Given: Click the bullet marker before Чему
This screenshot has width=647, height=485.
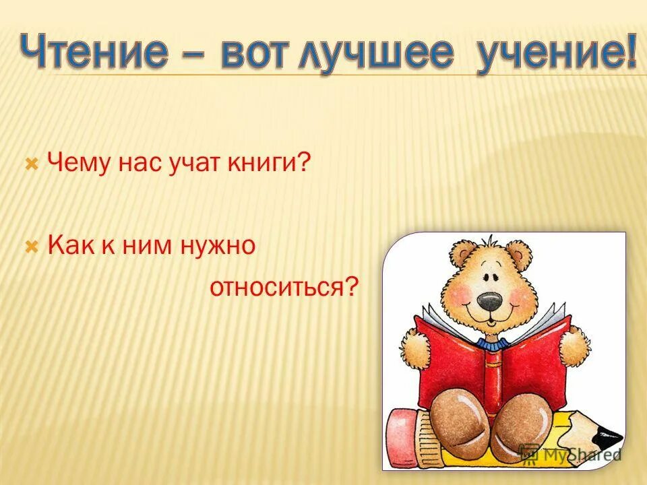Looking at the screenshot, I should point(30,164).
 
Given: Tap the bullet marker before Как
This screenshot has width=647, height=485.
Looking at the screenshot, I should point(30,247).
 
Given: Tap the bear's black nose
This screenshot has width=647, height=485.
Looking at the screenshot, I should point(490,302).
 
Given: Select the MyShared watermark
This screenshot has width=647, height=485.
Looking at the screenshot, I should point(572,454).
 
